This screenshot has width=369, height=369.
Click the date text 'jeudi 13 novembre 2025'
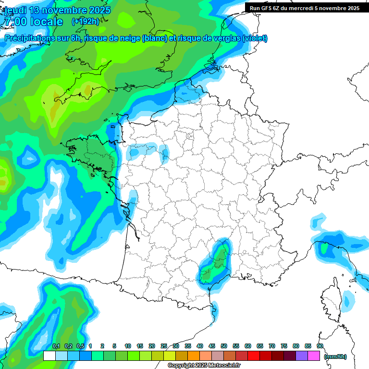pos(57,10)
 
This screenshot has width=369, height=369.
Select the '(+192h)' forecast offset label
pos(86,22)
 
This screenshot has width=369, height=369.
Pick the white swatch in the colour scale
pos(49,356)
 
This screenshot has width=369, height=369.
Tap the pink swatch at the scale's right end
pos(314,356)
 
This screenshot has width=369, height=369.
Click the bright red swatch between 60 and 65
pos(254,356)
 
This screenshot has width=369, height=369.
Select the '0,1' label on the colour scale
pos(56,346)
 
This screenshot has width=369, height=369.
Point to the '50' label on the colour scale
pos(224,346)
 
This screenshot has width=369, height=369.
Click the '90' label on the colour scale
pos(320,346)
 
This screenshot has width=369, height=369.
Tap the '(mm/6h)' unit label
pos(335,357)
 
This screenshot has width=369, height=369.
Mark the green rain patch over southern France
pos(215,263)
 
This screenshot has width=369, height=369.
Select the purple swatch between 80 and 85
pos(302,356)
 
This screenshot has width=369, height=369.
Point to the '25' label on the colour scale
pos(164,346)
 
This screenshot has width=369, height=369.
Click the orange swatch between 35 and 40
pos(194,356)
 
